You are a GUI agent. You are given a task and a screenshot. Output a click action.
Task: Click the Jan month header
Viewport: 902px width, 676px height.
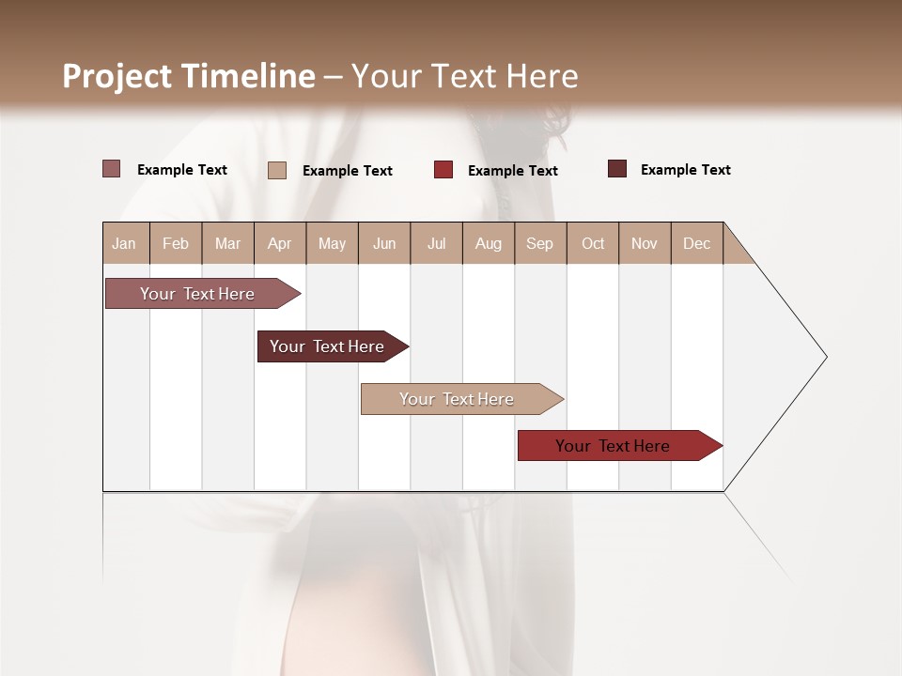(124, 243)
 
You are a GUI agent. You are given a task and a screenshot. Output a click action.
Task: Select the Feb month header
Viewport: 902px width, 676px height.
(176, 243)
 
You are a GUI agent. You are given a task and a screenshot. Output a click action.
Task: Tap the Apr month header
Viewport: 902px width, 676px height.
(279, 243)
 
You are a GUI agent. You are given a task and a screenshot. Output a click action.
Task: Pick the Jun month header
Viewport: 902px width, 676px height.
(384, 243)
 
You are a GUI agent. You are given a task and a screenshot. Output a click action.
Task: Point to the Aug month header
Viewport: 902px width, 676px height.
(488, 243)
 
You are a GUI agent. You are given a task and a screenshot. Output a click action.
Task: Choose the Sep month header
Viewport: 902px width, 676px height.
(539, 243)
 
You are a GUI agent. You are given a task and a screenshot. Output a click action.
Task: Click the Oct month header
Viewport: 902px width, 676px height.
(593, 243)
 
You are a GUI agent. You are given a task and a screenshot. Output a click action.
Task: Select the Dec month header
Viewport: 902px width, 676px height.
(696, 243)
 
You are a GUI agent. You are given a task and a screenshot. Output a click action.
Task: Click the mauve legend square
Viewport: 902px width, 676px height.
(111, 169)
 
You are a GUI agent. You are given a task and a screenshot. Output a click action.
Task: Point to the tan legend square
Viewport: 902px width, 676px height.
(277, 170)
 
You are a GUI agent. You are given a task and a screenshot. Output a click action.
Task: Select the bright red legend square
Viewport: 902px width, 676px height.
(443, 169)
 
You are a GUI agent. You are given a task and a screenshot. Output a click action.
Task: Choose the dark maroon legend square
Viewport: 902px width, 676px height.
(617, 169)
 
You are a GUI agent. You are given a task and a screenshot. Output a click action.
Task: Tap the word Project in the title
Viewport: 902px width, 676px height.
(118, 76)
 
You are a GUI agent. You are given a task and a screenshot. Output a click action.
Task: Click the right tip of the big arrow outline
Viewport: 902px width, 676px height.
(825, 357)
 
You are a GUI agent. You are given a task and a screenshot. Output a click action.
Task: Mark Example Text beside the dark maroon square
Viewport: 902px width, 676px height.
(685, 170)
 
